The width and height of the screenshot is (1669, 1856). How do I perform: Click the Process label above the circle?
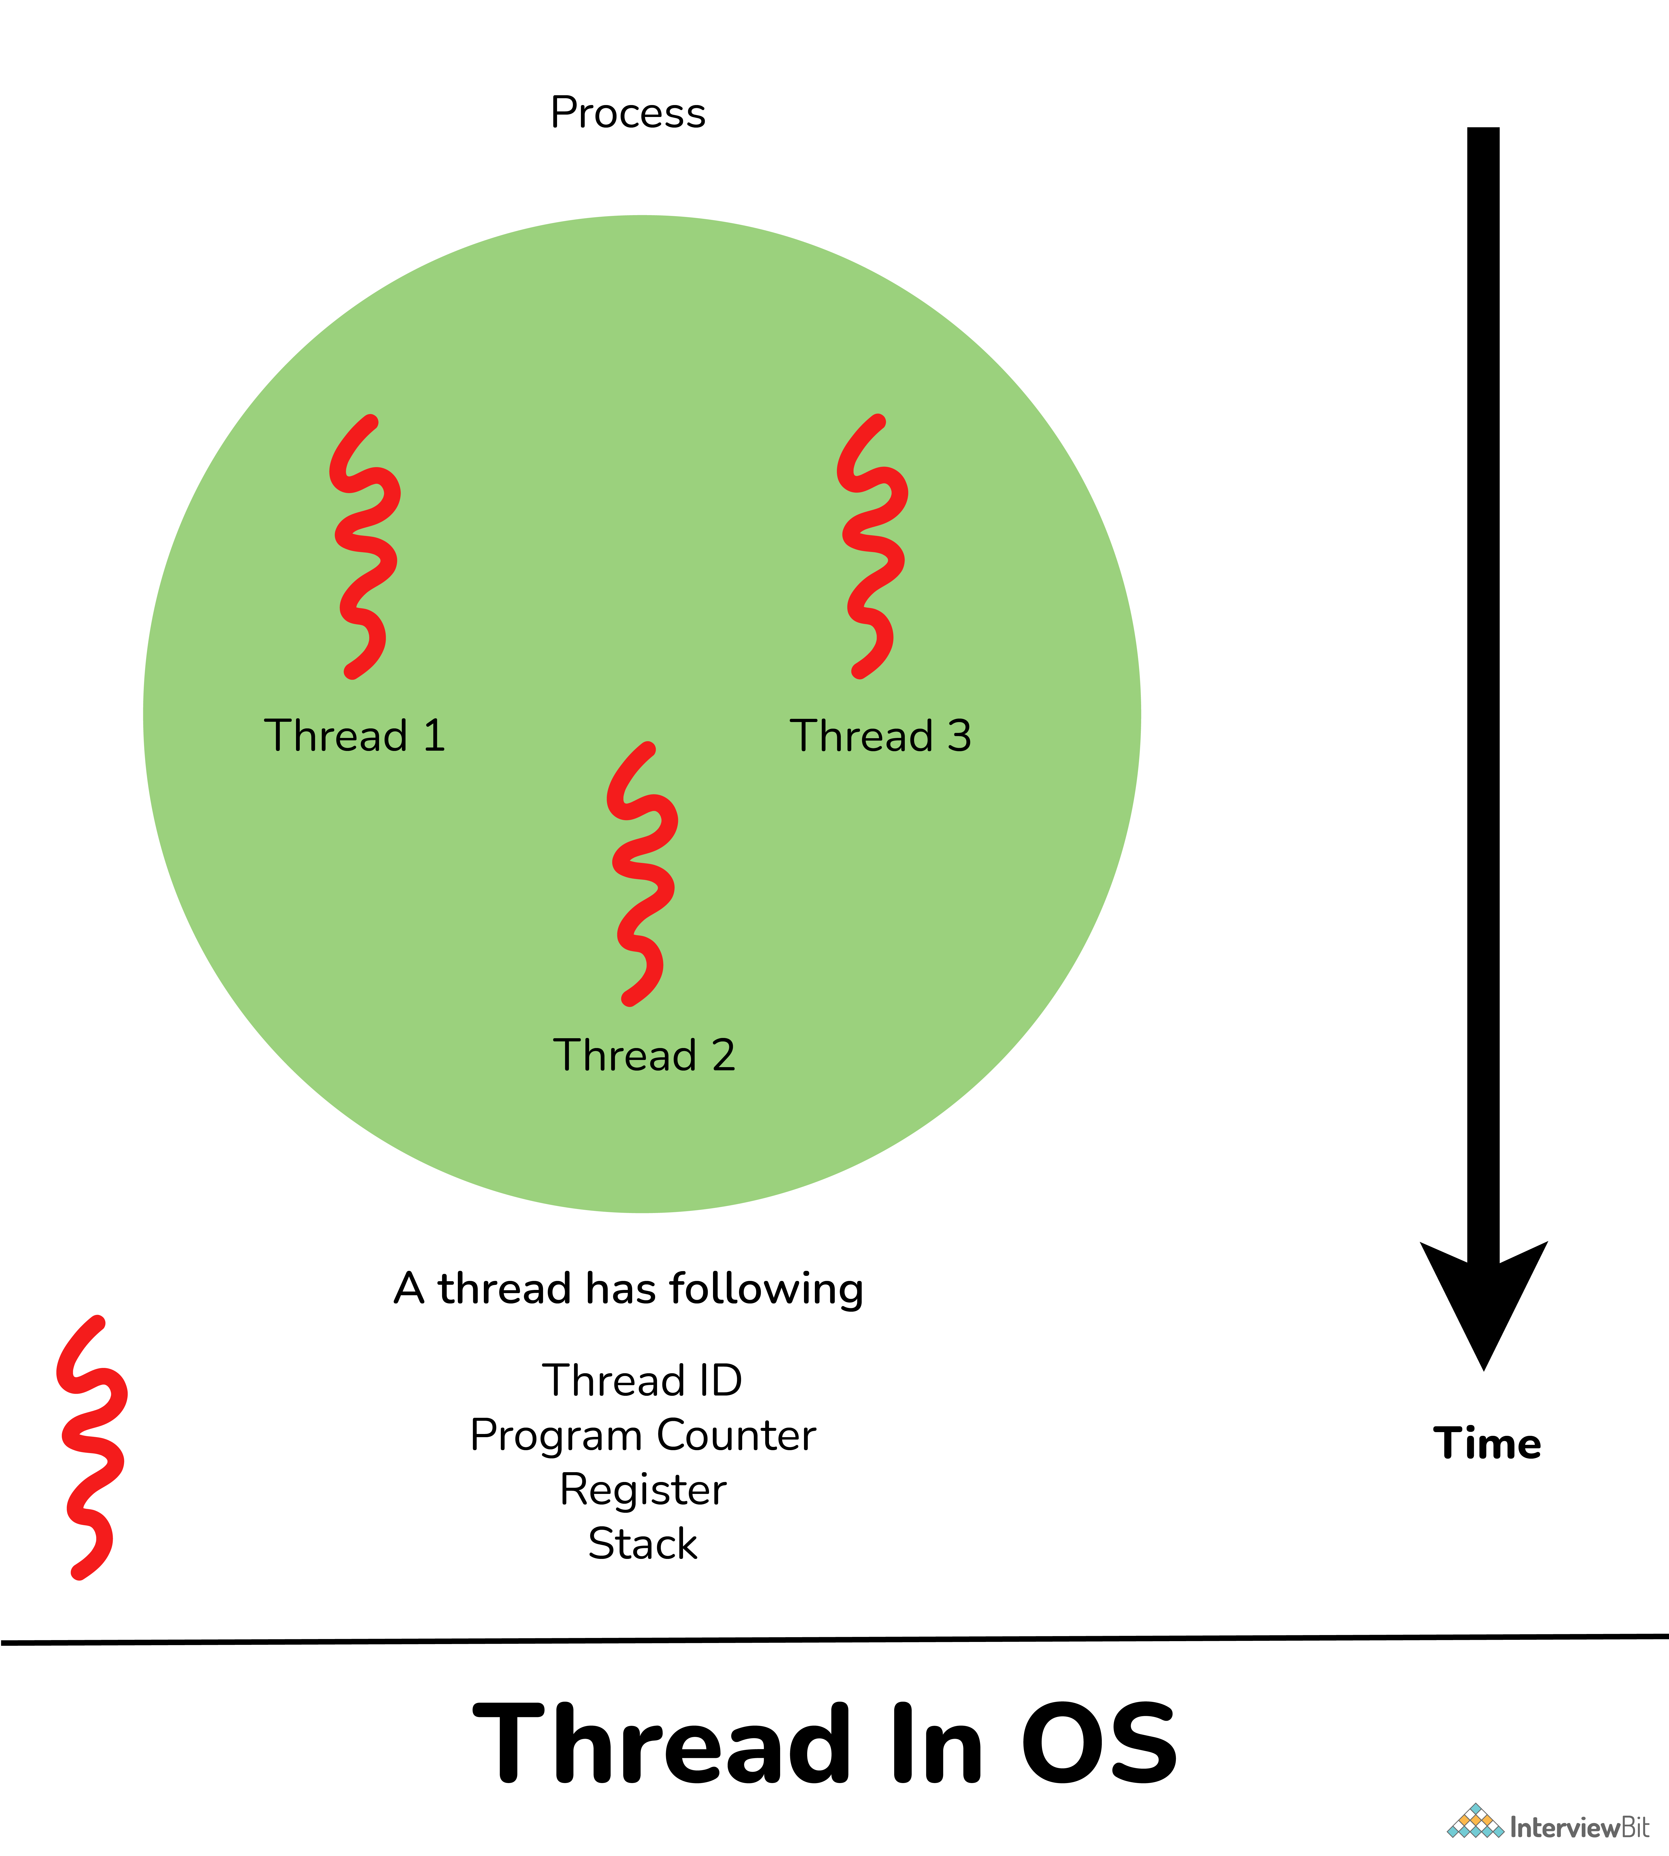pyautogui.click(x=628, y=113)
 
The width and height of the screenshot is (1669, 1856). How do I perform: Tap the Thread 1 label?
pyautogui.click(x=355, y=736)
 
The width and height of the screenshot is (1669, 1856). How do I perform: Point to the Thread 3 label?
pyautogui.click(x=880, y=736)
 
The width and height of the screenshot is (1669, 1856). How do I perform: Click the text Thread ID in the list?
pyautogui.click(x=642, y=1380)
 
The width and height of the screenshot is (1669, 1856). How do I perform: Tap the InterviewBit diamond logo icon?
pyautogui.click(x=1476, y=1821)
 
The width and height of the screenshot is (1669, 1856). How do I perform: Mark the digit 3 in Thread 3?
pyautogui.click(x=959, y=736)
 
